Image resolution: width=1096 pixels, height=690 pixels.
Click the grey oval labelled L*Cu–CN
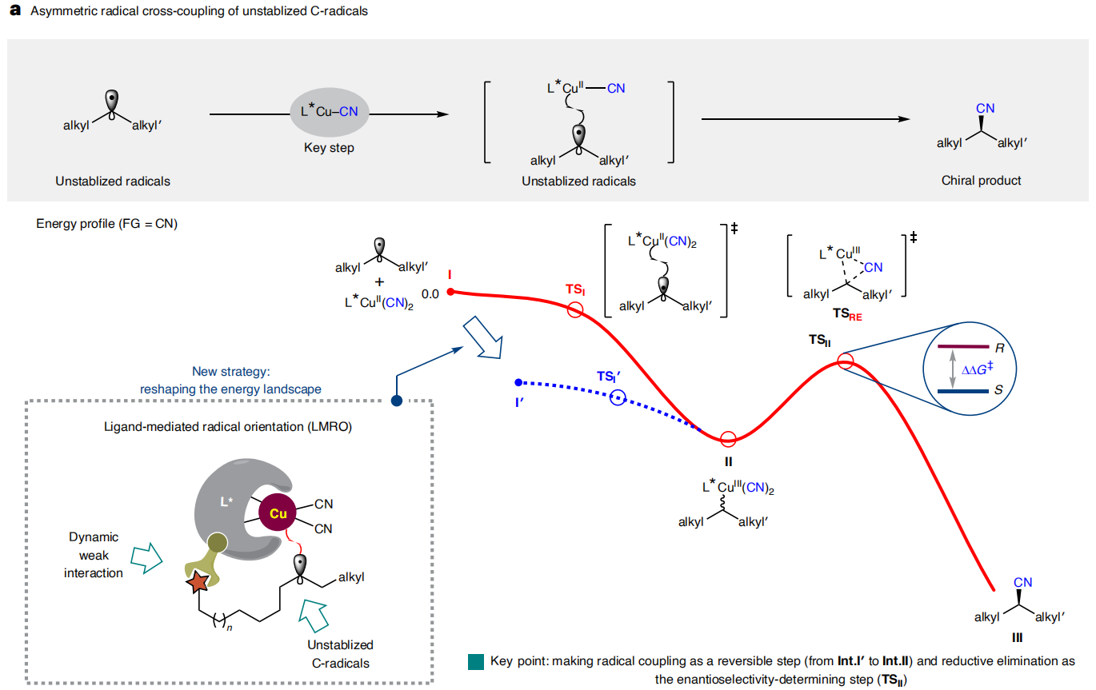pos(330,112)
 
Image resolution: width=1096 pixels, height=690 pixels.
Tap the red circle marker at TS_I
pos(575,309)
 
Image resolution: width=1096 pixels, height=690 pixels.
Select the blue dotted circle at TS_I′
pos(618,397)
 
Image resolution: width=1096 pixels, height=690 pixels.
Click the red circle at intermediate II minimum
pos(728,439)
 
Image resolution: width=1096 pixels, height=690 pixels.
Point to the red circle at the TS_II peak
pos(845,361)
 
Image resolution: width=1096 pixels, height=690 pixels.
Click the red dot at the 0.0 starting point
pos(450,292)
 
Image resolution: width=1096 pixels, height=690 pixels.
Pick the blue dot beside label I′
pos(518,382)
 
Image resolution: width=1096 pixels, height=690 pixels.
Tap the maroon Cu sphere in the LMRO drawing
pos(278,513)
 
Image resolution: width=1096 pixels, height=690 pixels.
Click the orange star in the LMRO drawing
pos(198,582)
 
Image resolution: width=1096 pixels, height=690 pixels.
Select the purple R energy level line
pos(963,347)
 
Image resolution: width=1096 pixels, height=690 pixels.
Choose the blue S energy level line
pos(963,391)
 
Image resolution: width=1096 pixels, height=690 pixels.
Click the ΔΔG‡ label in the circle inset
pos(977,369)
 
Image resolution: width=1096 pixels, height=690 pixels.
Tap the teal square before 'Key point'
pos(475,662)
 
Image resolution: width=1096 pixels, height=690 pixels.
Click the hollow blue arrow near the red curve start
pos(484,338)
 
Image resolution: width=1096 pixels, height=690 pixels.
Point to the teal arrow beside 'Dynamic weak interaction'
pos(146,558)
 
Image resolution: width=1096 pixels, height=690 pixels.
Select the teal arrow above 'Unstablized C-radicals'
pos(314,616)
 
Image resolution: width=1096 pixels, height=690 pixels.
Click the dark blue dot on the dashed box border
pos(397,401)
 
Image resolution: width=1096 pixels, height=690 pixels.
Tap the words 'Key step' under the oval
pos(329,148)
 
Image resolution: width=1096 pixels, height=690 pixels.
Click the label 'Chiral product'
pos(981,181)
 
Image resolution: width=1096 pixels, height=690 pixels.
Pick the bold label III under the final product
pos(1018,638)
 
